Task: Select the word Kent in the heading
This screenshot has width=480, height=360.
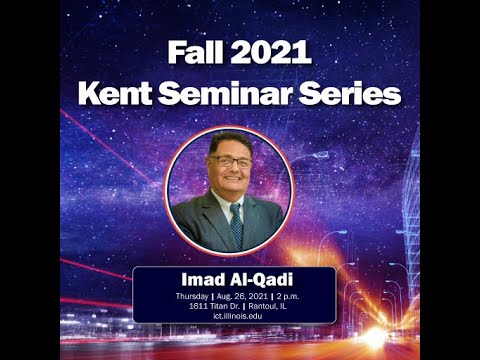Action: click(x=119, y=95)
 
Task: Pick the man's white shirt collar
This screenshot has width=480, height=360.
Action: click(x=224, y=205)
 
